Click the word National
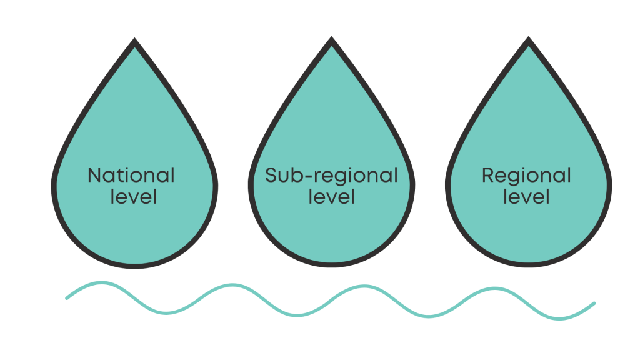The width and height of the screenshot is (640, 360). [131, 175]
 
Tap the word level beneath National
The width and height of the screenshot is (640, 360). [134, 197]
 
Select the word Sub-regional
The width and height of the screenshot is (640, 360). [331, 175]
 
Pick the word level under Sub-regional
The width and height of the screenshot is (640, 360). [332, 197]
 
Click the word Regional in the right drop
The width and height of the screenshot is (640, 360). [526, 175]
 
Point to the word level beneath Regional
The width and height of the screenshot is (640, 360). [526, 197]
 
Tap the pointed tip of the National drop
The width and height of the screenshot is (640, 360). [135, 41]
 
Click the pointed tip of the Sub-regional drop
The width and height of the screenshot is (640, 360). [332, 41]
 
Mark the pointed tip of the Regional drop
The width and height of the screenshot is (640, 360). [529, 41]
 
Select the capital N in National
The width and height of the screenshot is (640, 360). [94, 175]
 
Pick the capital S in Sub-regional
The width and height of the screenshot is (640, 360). [271, 175]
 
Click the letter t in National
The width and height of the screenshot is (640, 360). [121, 175]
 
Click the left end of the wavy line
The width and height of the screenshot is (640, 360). [67, 298]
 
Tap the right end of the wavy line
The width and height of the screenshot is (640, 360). [594, 303]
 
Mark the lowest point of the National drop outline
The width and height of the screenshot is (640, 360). [135, 267]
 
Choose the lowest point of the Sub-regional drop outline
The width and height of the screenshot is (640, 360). [332, 267]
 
